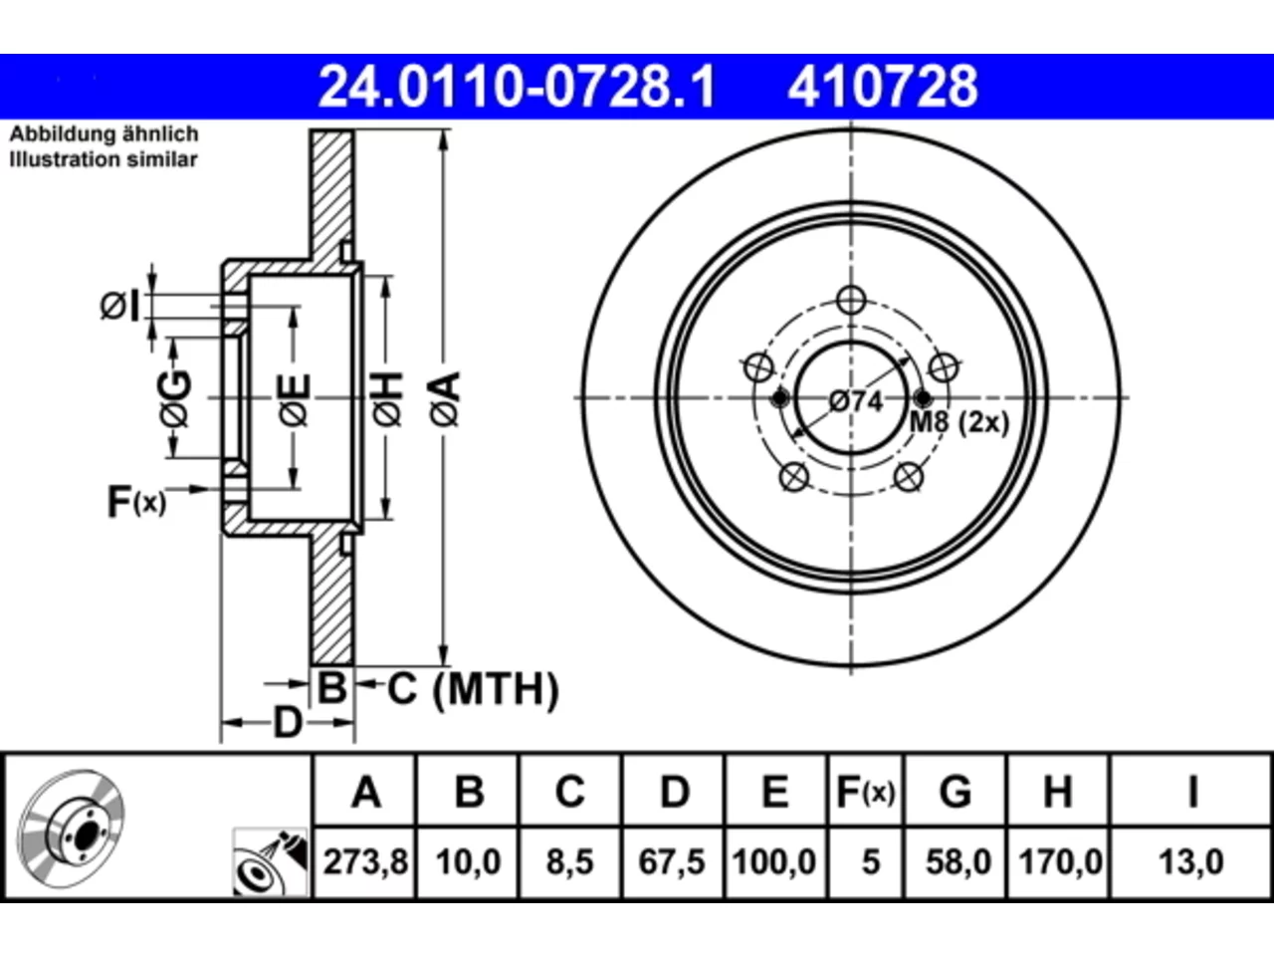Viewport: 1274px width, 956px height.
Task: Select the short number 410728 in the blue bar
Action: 882,87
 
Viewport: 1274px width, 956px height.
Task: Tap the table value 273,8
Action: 365,861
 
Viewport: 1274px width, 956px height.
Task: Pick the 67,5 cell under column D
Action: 672,861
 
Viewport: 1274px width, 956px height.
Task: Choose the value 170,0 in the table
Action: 1060,861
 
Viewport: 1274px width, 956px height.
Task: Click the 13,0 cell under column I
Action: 1191,861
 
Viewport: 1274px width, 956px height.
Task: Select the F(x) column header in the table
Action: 865,792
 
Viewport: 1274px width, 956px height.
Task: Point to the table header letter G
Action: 955,792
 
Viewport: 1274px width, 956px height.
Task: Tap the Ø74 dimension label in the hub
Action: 856,401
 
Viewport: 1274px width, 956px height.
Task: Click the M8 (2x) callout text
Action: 958,422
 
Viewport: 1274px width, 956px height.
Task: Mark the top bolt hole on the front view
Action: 851,301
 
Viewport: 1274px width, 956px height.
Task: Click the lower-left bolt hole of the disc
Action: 794,477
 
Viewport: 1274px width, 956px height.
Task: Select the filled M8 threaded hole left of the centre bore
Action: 780,398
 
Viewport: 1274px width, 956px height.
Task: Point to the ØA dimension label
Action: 445,398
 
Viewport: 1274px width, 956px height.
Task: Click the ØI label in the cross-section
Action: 120,306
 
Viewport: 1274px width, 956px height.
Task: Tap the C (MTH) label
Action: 473,689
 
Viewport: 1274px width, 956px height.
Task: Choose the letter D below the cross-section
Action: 288,723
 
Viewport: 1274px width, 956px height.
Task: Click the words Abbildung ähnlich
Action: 104,134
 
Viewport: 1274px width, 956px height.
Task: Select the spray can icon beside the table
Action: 270,862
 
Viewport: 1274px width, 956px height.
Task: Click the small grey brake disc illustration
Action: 71,829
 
